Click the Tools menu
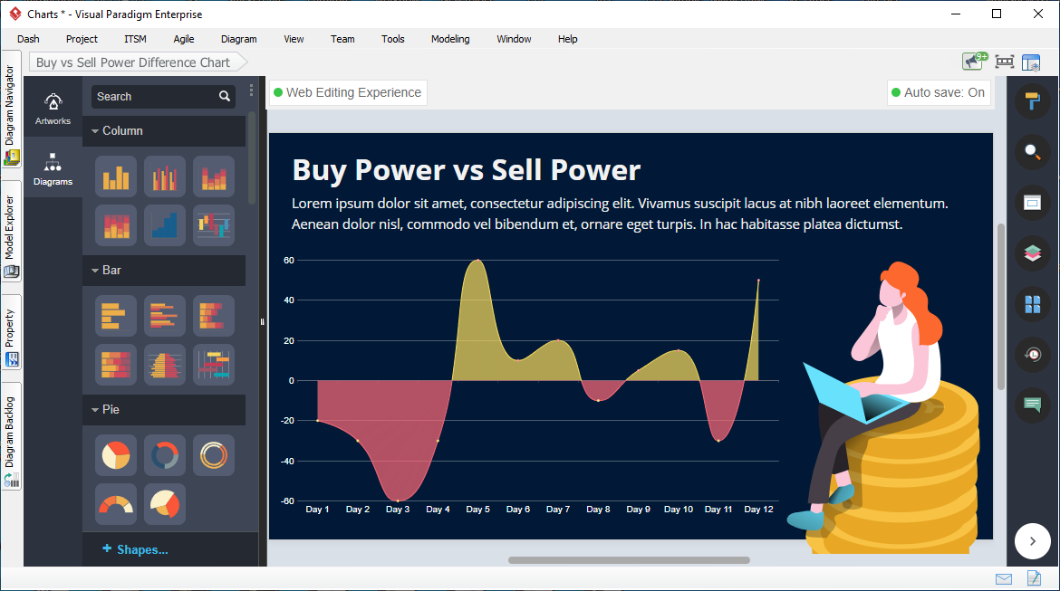[393, 39]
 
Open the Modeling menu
[450, 39]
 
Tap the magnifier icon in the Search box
[225, 97]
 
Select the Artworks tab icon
[53, 102]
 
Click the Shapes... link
[135, 549]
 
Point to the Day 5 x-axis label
[478, 510]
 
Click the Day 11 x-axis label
[718, 510]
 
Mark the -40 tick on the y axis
[288, 462]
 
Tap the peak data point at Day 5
[478, 260]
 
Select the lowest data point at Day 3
[398, 500]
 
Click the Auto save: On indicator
[939, 92]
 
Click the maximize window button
[997, 14]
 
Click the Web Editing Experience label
[348, 92]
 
